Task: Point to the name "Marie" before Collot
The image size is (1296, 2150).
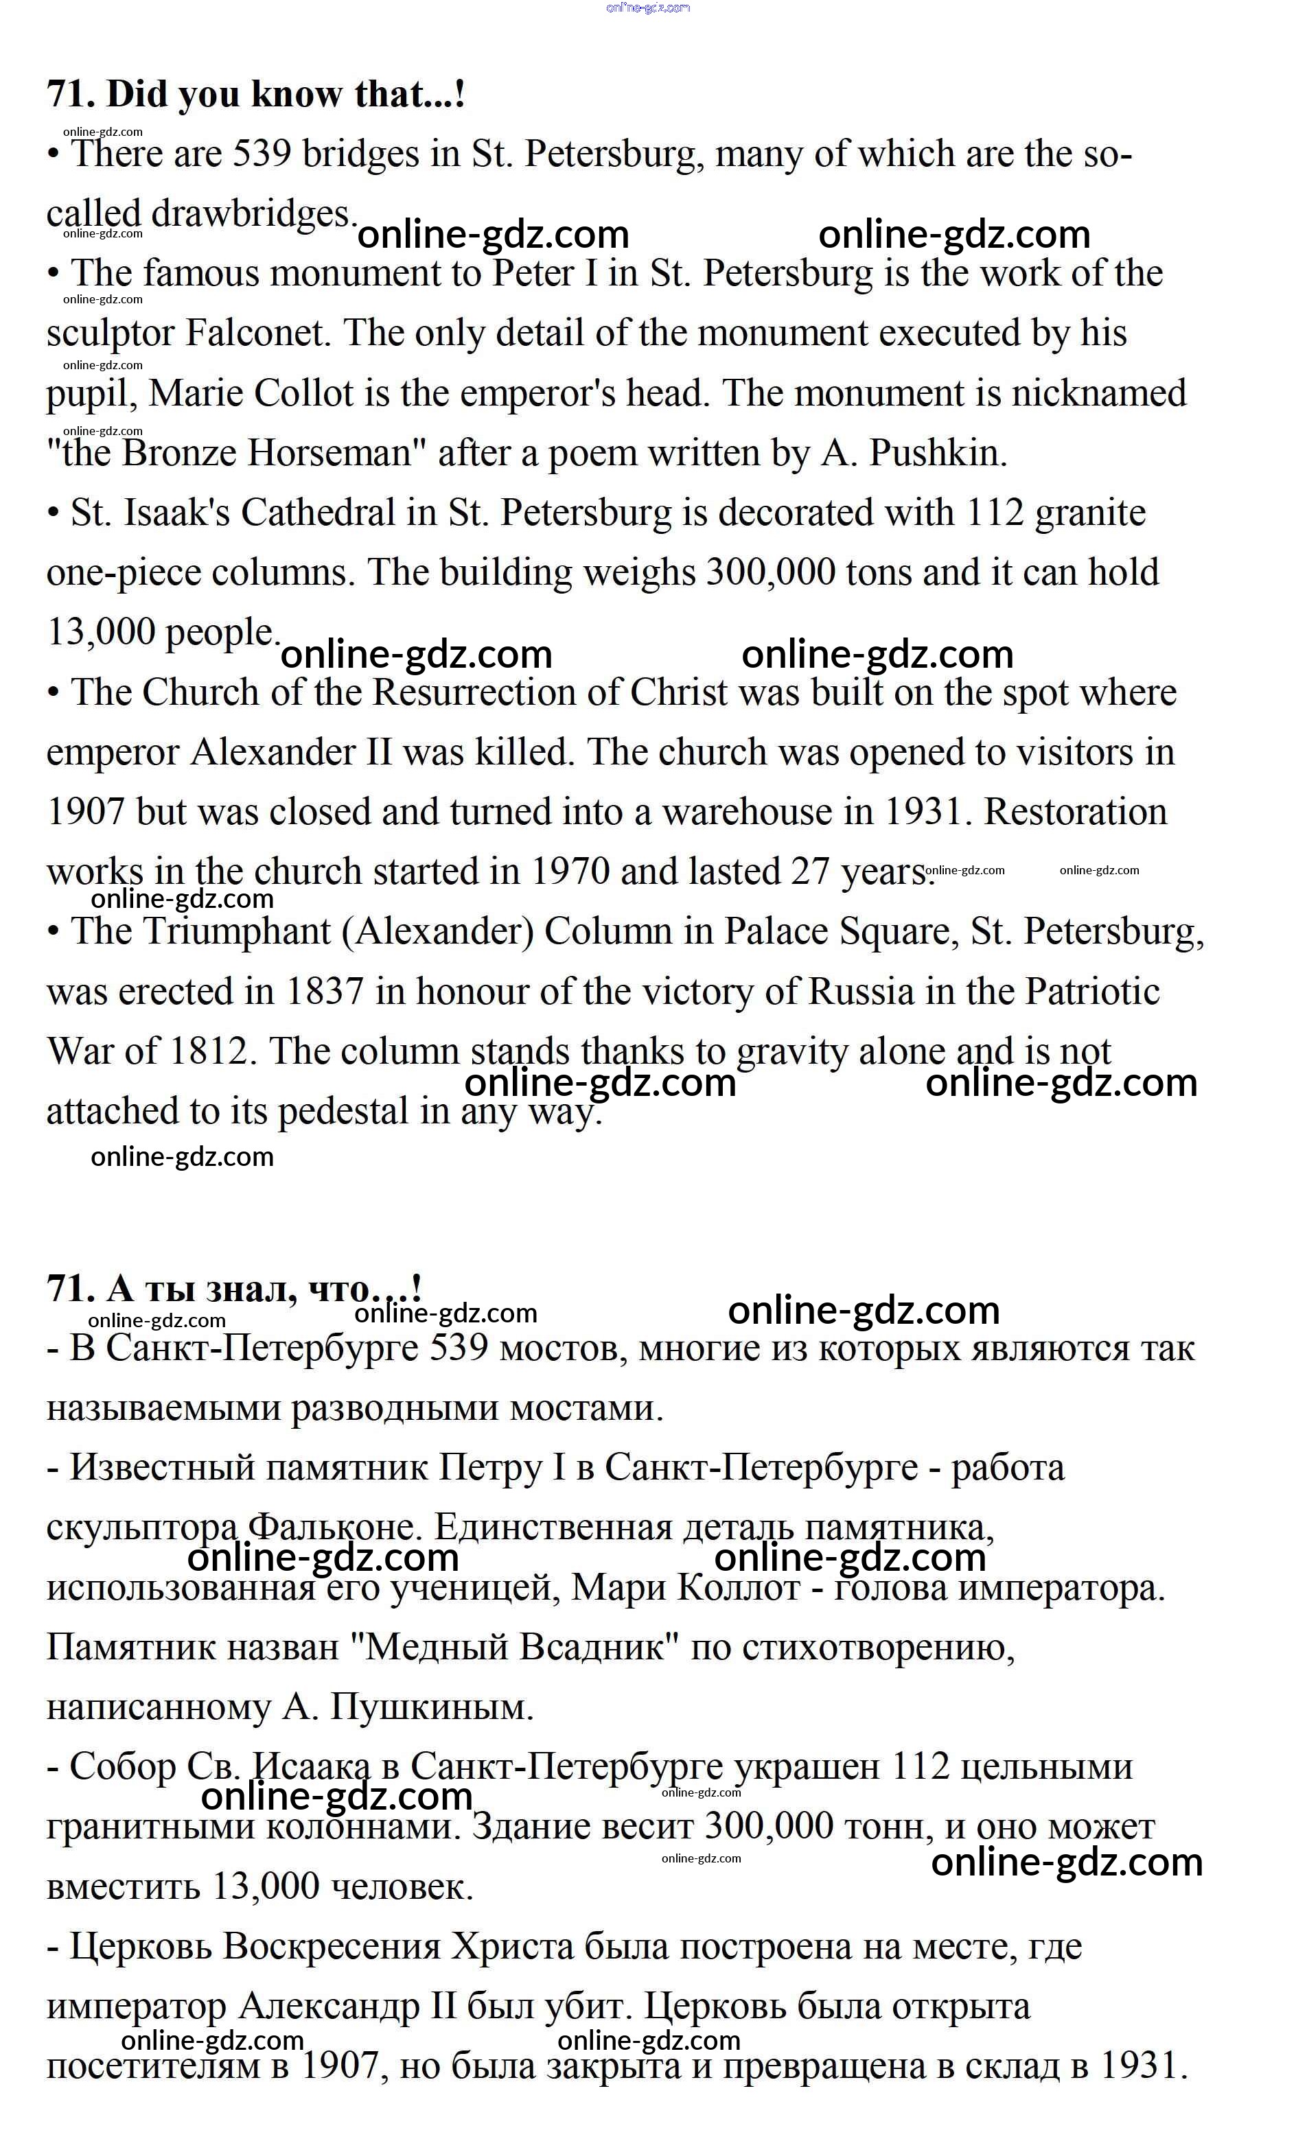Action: [x=196, y=393]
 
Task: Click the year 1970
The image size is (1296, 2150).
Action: [x=569, y=872]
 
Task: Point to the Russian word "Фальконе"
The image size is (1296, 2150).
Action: [x=336, y=1528]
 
